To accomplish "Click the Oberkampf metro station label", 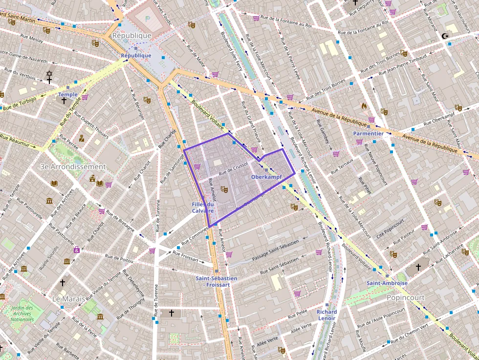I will [266, 176].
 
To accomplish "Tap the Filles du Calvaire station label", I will [203, 208].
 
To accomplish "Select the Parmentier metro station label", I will [368, 133].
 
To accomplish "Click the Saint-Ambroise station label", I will [387, 283].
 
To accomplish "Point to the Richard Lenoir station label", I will [326, 315].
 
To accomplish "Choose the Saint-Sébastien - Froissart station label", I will [216, 281].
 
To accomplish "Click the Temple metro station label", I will [67, 94].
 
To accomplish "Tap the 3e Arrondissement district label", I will [73, 167].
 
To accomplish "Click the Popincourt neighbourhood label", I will [405, 297].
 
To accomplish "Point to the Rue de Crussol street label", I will [233, 169].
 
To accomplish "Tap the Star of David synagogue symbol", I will [49, 74].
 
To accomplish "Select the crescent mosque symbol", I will [444, 36].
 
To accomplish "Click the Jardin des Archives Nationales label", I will [22, 313].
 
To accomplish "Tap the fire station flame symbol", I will [364, 106].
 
